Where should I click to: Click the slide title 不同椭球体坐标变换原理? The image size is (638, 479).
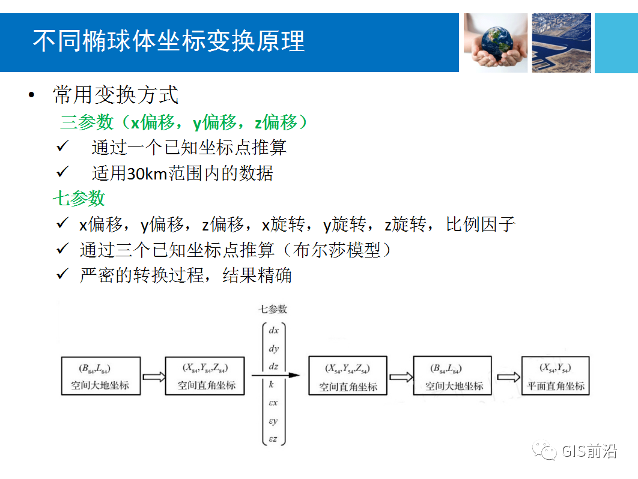169,41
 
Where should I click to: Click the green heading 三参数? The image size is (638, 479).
87,122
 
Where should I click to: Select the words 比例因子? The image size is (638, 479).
481,225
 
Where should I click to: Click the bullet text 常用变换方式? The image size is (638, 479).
115,95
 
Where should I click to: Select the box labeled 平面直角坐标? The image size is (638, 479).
555,376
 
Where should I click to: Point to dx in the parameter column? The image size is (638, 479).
273,331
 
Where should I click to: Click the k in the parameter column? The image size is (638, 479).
272,384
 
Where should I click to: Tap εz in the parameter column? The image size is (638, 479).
273,439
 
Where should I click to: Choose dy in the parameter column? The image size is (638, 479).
273,349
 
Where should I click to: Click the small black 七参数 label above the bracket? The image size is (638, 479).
273,309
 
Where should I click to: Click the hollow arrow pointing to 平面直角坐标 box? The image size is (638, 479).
508,376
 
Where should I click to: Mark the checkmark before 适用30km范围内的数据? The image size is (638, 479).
63,172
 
